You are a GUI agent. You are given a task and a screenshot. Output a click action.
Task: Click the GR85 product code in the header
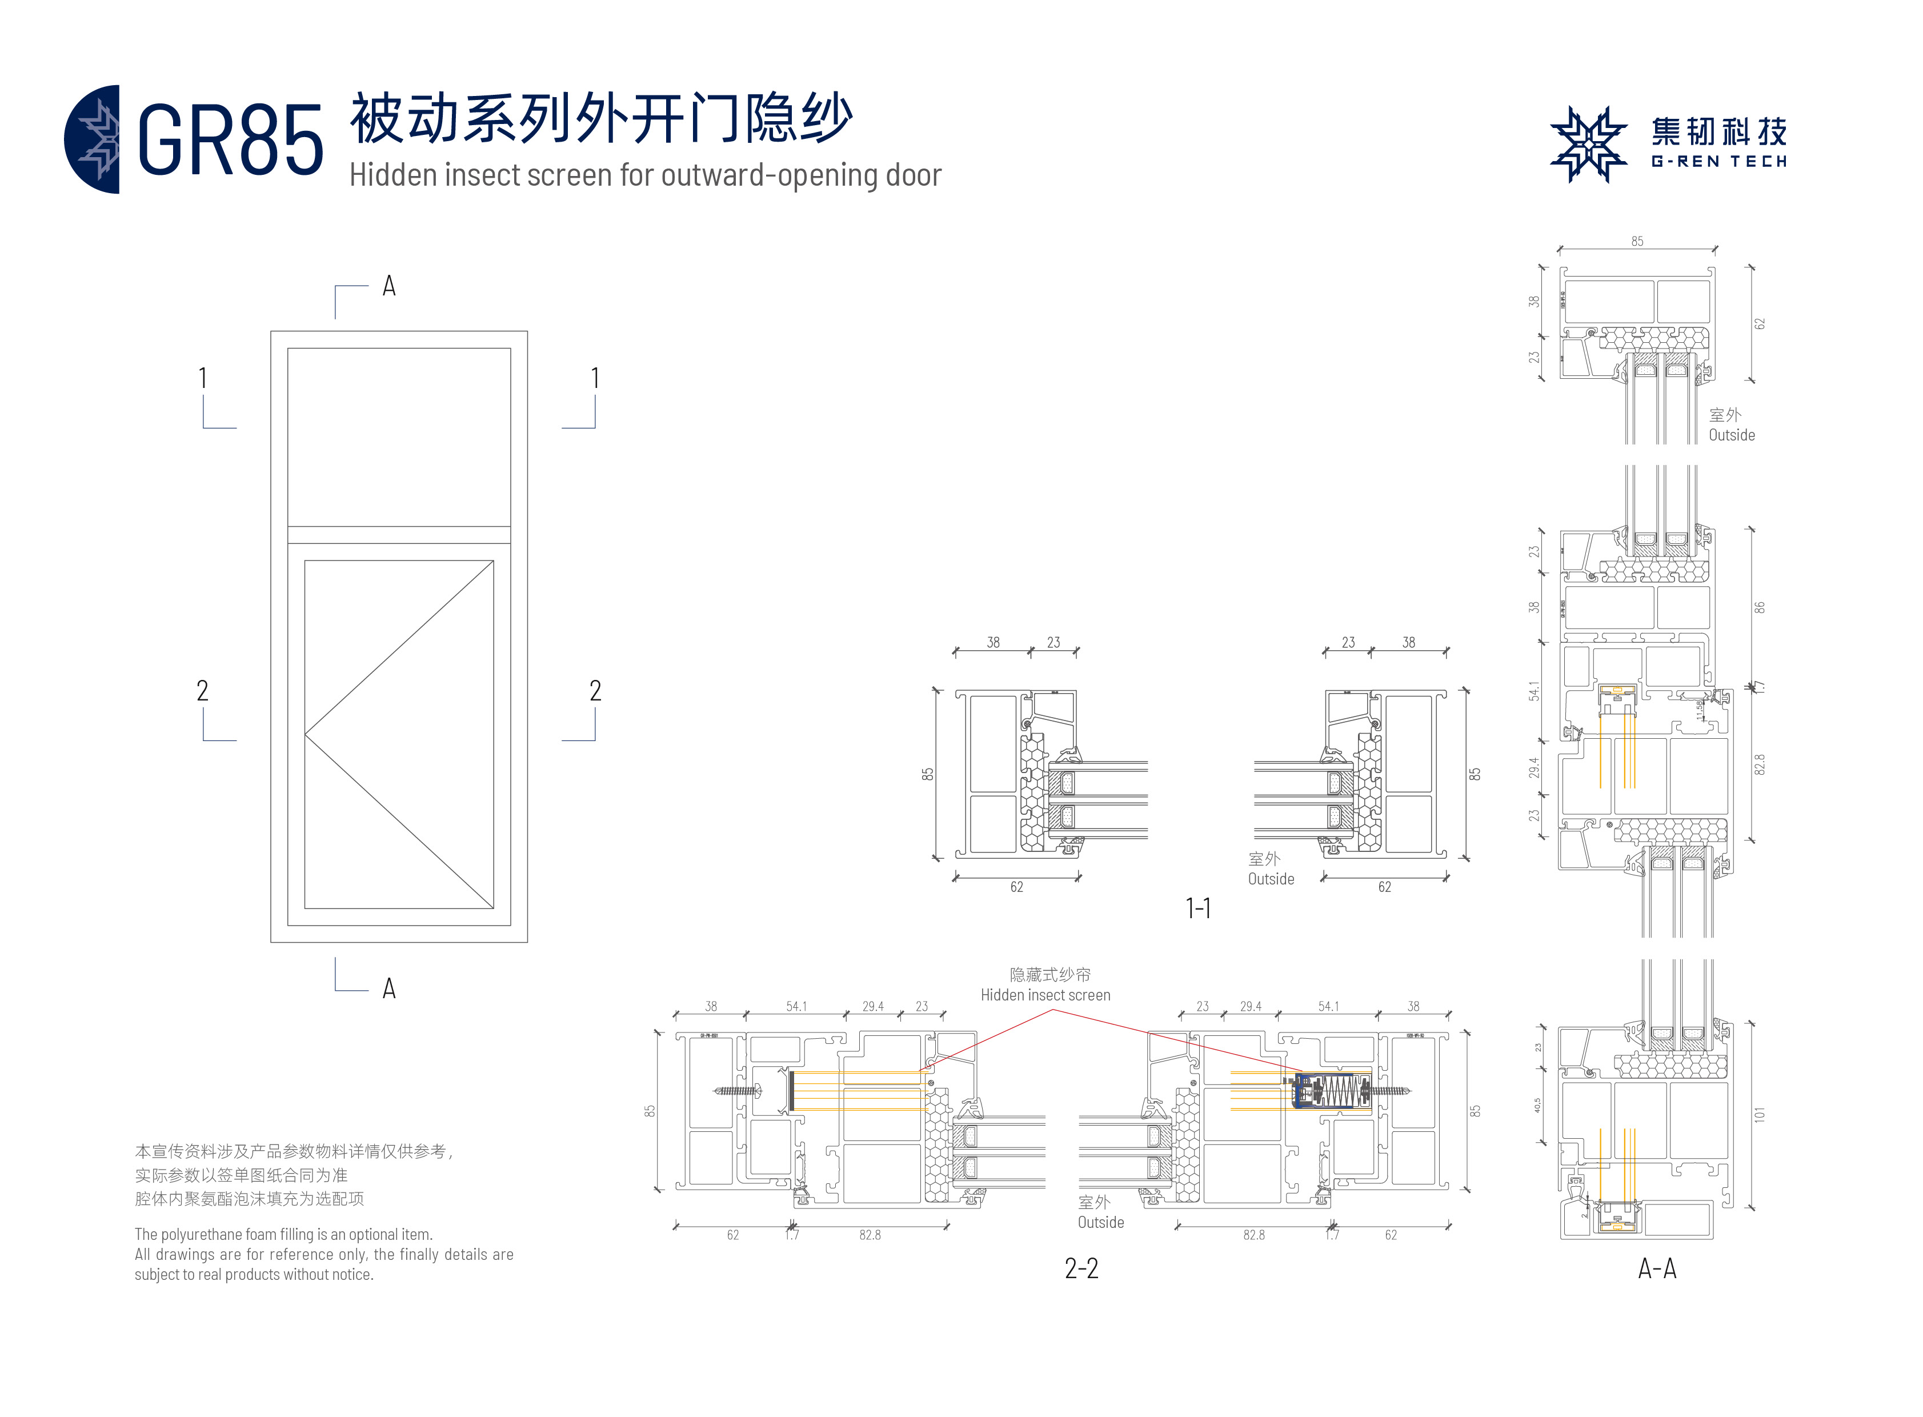tap(230, 141)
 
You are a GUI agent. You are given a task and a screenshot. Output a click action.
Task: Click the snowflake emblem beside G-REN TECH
tap(1588, 144)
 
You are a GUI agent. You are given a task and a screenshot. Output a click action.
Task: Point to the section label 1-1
tap(1197, 908)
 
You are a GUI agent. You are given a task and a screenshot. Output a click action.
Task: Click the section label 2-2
tap(1081, 1268)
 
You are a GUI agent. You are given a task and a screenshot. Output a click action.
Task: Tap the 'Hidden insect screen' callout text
tap(1045, 995)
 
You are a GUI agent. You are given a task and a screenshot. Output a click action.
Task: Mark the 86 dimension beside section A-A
tap(1759, 607)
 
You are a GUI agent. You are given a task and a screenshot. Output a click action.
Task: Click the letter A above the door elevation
tap(388, 286)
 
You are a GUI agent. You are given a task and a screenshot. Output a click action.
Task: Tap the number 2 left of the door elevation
tap(202, 690)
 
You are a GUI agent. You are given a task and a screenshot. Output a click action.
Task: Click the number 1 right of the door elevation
tap(595, 378)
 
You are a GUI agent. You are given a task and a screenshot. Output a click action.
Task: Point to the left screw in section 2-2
tap(737, 1091)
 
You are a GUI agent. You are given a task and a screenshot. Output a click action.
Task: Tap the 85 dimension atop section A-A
tap(1637, 242)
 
